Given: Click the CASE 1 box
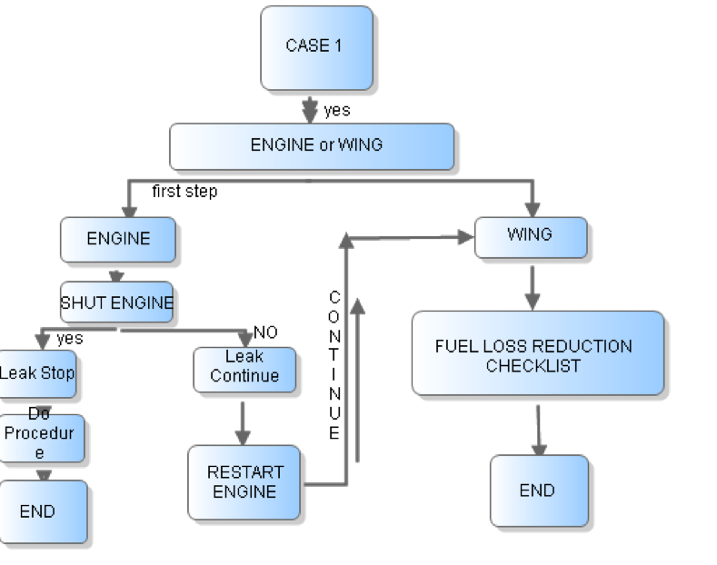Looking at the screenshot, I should click(316, 47).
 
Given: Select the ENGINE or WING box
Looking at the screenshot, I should click(312, 146).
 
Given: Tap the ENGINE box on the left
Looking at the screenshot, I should click(118, 239).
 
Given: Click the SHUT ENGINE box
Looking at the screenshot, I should click(117, 302).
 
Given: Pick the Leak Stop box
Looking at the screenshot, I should click(37, 373).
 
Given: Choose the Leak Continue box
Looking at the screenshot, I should click(244, 369).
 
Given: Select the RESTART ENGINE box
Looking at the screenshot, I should click(244, 481).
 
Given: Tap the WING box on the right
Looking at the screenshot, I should click(530, 235).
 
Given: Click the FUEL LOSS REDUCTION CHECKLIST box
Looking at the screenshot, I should click(537, 354).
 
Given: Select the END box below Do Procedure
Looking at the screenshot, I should click(43, 511).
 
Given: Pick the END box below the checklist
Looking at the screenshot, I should click(538, 491).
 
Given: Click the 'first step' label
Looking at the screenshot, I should click(184, 192).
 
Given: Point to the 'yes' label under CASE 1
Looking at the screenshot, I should click(337, 111).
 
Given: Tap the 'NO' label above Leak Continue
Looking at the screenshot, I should click(265, 332).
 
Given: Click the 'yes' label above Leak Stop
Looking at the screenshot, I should click(69, 339).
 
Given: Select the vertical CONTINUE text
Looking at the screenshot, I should click(334, 365).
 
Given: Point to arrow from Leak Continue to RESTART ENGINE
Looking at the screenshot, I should click(243, 419).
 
